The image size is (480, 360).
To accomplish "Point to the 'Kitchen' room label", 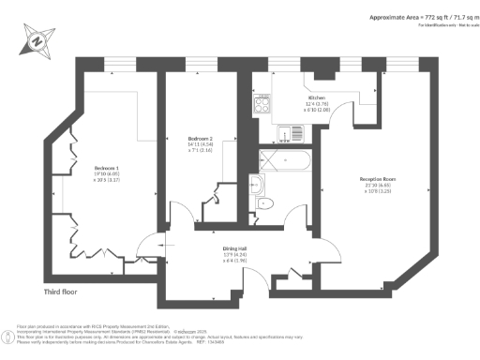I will tap(317, 97).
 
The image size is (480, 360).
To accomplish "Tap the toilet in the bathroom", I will tap(264, 203).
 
